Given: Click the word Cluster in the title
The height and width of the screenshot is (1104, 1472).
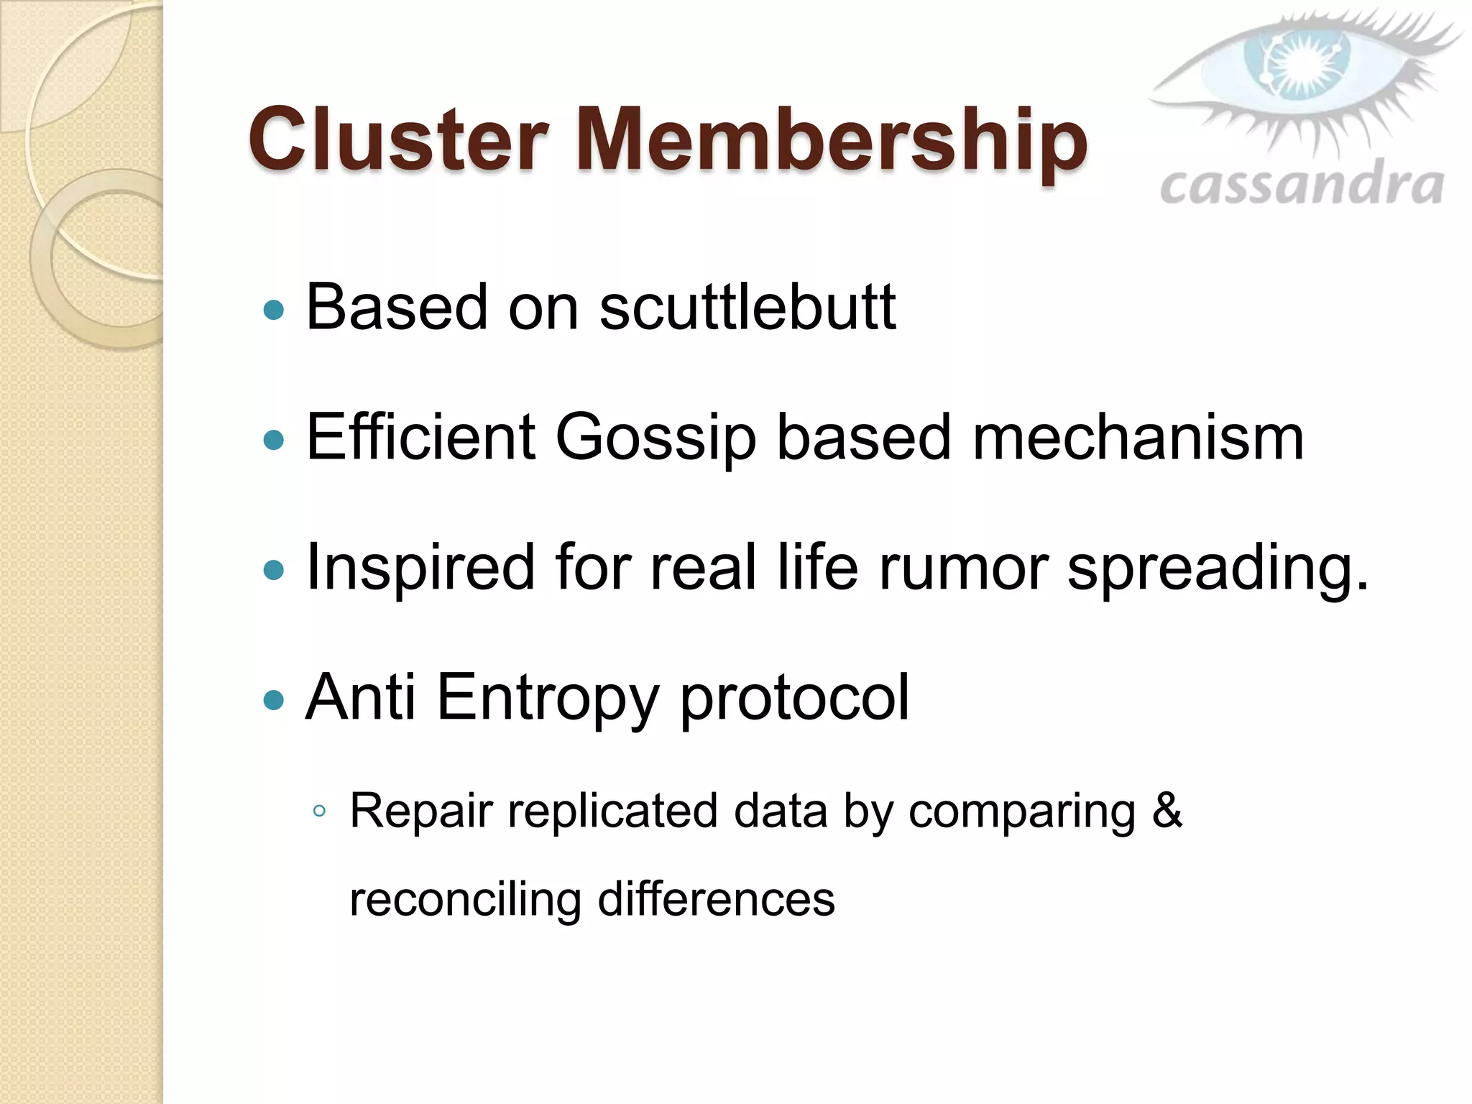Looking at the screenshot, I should [399, 140].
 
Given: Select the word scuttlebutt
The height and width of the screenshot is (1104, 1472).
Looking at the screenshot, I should [747, 308].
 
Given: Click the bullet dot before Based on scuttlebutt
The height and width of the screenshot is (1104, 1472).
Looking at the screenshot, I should [274, 310].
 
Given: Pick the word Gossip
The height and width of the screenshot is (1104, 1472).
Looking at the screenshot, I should [655, 438].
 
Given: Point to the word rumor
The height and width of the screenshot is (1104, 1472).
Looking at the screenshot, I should [963, 568].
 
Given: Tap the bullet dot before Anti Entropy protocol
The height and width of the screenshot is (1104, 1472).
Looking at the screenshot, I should [274, 699].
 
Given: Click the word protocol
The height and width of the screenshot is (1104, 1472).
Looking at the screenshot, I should [794, 697].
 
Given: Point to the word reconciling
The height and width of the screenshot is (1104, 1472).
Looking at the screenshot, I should [465, 900].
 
